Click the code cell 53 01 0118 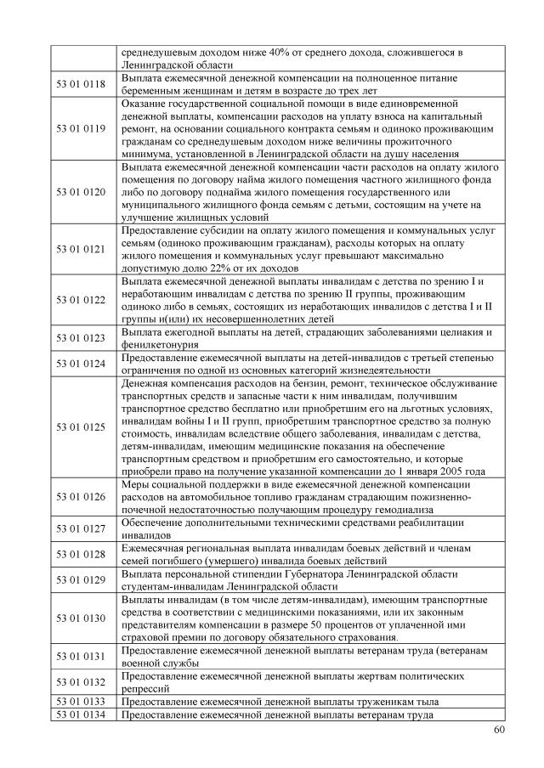[81, 84]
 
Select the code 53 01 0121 [81, 250]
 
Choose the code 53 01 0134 [81, 716]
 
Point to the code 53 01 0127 [81, 528]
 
